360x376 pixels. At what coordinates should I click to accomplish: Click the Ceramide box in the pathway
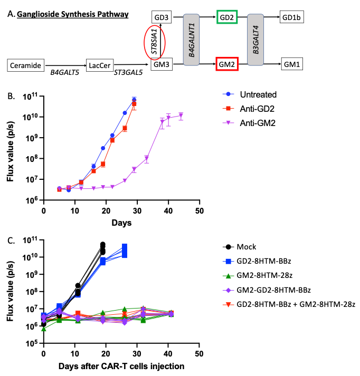[25, 66]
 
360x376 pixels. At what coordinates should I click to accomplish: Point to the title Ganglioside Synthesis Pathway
[73, 14]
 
